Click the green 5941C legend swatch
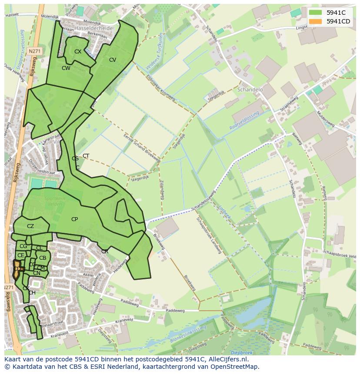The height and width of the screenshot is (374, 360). pos(316,13)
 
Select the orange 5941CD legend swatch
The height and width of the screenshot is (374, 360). pos(316,21)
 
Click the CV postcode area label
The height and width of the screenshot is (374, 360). pos(113,60)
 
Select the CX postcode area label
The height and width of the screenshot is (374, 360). pos(78,51)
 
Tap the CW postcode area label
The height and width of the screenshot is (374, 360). pos(66,68)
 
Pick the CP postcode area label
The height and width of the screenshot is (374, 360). pos(74,219)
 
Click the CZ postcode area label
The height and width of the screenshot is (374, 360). pos(30,226)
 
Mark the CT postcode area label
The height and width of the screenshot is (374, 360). pos(86,156)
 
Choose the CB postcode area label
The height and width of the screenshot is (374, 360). pos(43,258)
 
